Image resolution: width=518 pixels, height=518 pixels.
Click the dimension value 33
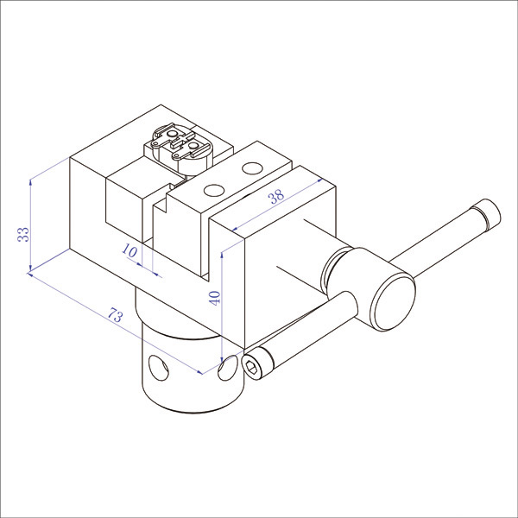[23, 235]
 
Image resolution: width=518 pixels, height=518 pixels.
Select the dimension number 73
[116, 315]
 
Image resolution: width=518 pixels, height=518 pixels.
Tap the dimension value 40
[215, 298]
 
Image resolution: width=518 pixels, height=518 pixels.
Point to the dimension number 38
[276, 196]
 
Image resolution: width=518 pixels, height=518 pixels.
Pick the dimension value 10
[129, 250]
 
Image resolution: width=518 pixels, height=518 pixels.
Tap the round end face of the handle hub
[394, 303]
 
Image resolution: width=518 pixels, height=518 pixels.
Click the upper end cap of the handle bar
[487, 215]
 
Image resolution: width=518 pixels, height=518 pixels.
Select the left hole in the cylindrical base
[159, 368]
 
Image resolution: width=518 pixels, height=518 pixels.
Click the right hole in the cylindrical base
[228, 367]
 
